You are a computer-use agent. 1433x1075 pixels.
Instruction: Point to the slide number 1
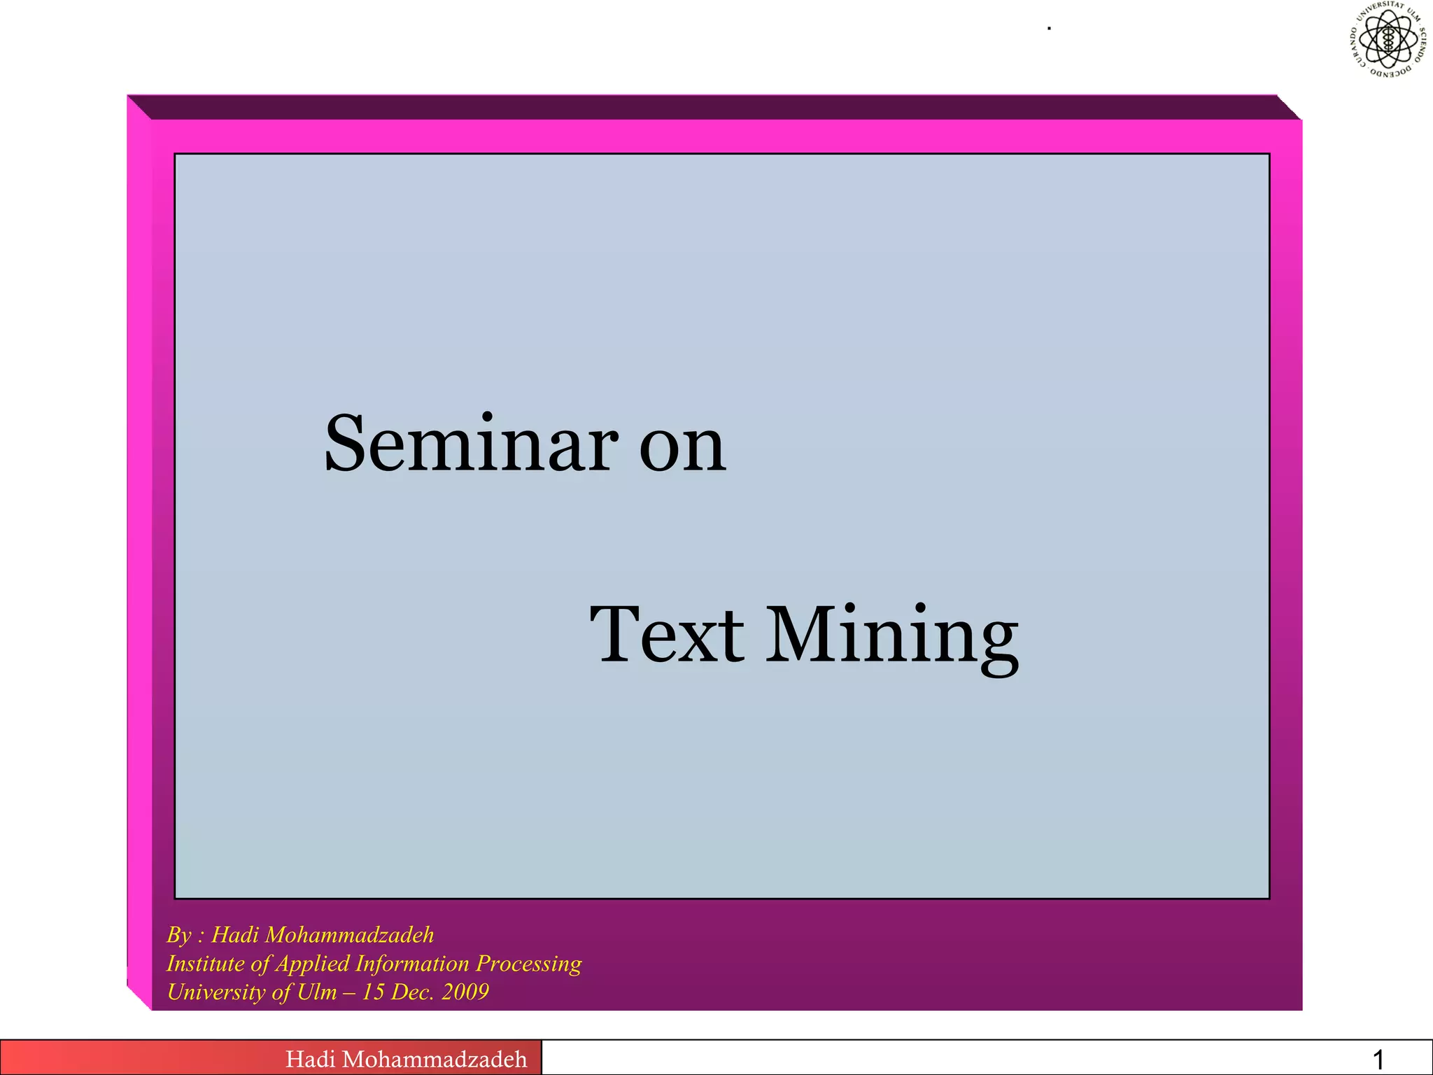coord(1378,1060)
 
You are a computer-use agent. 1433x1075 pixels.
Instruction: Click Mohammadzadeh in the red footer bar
coord(435,1059)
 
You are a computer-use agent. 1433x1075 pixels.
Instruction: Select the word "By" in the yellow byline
coord(178,935)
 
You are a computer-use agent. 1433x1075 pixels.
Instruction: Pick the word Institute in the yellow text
coord(205,964)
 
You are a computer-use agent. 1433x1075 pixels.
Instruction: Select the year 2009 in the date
coord(465,992)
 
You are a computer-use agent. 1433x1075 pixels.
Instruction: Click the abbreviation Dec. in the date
coord(412,992)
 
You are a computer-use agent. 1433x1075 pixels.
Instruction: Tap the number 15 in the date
coord(373,992)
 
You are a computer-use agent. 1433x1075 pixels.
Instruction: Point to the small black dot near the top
coord(1050,29)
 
